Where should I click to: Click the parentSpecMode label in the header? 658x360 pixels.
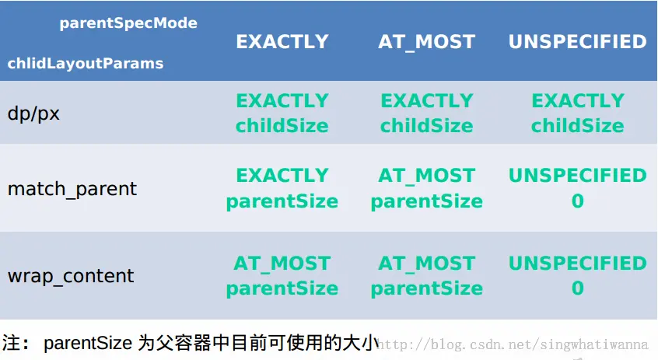click(128, 23)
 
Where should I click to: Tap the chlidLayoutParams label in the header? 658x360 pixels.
click(86, 63)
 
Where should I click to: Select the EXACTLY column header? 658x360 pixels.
click(282, 41)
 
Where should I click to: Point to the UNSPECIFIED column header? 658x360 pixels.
click(577, 41)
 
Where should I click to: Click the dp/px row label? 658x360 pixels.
click(33, 114)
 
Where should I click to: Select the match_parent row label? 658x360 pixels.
click(72, 189)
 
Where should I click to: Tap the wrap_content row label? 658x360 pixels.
click(71, 276)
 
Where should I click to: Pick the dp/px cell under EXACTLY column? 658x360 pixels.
click(282, 114)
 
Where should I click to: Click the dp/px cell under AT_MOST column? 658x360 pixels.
click(427, 114)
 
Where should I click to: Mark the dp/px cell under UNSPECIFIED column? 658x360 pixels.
click(577, 114)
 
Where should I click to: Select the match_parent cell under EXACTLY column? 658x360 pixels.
click(282, 189)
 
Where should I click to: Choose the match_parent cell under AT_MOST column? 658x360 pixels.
click(427, 189)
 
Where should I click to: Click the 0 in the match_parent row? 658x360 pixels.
click(577, 201)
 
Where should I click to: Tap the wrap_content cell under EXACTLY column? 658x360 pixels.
click(282, 276)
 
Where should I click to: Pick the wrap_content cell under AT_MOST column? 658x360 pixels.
click(427, 276)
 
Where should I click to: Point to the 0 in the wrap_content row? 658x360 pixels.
click(577, 288)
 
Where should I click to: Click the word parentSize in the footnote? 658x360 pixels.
click(88, 344)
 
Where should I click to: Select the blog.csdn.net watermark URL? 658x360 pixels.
click(512, 344)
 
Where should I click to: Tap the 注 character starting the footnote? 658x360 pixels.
click(12, 343)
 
